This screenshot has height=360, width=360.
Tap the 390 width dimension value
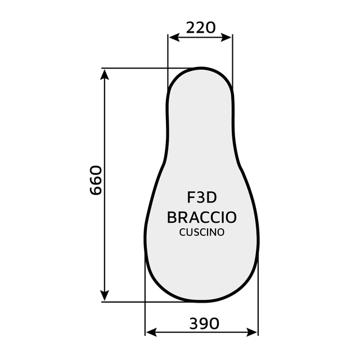pos(204,323)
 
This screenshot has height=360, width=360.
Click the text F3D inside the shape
pos(202,198)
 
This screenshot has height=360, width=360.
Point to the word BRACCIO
pos(202,217)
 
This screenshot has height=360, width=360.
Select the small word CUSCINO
pos(202,232)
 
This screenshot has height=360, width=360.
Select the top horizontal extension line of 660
pos(141,68)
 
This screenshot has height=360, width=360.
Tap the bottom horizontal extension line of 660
pos(135,301)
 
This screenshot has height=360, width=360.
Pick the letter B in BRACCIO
pos(173,217)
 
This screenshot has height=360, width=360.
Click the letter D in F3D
pos(211,198)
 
